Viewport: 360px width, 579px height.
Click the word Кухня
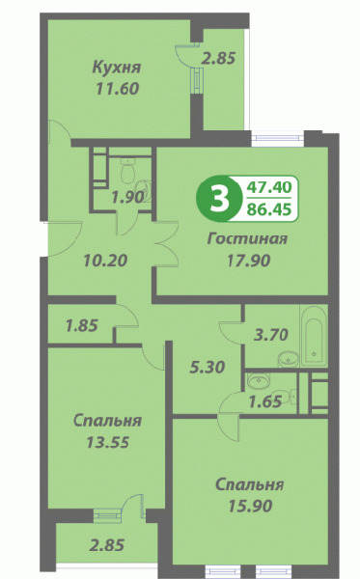117,68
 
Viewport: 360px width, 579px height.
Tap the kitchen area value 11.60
118,89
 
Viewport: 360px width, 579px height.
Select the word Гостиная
247,238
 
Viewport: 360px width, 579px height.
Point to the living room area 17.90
248,261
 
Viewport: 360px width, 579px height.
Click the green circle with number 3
218,200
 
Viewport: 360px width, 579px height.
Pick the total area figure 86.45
269,209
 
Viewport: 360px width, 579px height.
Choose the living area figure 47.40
269,187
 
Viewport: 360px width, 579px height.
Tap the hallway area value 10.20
105,261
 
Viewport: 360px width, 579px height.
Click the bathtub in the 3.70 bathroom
314,336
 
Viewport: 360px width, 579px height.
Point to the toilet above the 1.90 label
127,169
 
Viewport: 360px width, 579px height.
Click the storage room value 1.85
82,326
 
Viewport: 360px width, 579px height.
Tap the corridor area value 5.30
208,367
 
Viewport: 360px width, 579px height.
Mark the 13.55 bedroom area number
107,442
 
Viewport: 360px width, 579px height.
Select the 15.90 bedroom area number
250,506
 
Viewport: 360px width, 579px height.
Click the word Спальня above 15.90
250,484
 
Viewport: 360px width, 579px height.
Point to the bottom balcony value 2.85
107,545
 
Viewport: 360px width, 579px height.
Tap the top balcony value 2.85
218,58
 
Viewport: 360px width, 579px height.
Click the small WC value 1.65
265,401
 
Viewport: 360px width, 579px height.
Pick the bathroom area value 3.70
271,335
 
